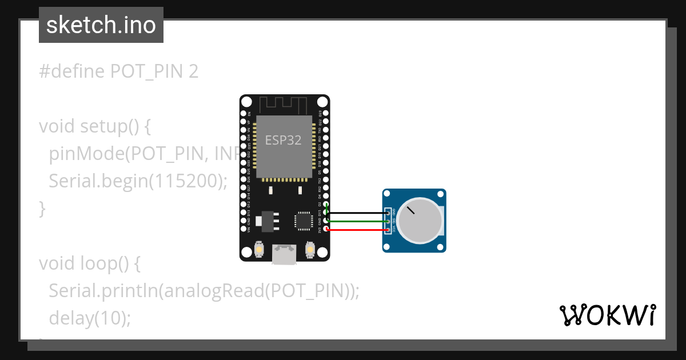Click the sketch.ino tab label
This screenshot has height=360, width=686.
[101, 25]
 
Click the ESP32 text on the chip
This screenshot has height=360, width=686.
[283, 140]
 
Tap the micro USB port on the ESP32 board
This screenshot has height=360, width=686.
[284, 254]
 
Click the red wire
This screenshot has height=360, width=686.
[357, 230]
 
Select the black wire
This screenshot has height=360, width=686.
[357, 214]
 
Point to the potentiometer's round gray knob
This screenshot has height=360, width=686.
[420, 221]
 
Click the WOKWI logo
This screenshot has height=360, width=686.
[607, 315]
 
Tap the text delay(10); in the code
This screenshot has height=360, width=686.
[90, 318]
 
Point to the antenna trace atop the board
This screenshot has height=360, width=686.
[284, 105]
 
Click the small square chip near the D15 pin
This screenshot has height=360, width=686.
[303, 221]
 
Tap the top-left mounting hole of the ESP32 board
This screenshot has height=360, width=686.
[246, 102]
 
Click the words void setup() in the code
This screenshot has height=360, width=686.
[95, 126]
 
